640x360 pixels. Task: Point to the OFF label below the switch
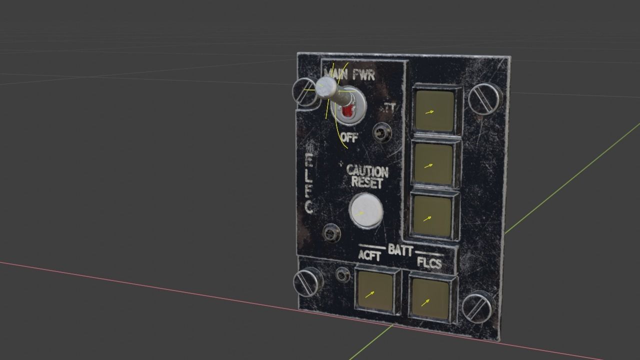[x=349, y=138]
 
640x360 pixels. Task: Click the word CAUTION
[x=367, y=171]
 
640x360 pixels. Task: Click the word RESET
[x=367, y=182]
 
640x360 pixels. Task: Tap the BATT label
[x=400, y=249]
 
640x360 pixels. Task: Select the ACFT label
[x=370, y=256]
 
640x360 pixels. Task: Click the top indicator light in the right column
[x=434, y=110]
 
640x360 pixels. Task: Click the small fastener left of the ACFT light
[x=342, y=274]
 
